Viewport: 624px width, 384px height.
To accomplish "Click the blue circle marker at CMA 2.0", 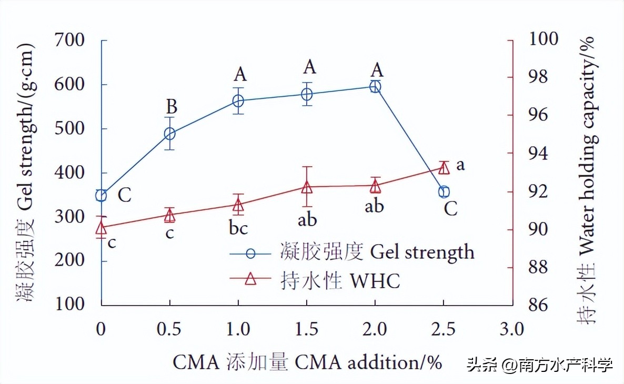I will [375, 86].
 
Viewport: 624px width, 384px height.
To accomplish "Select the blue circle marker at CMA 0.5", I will [169, 134].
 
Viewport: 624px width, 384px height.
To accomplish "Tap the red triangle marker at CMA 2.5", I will [444, 168].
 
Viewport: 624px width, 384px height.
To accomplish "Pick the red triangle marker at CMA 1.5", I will [307, 187].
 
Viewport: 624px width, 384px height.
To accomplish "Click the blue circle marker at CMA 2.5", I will [444, 191].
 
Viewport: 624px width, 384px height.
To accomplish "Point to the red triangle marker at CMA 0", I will [101, 228].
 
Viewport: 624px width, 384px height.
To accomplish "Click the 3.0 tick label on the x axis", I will [512, 329].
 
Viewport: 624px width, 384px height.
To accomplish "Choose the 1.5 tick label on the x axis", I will [307, 329].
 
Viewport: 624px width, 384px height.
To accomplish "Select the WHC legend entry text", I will [342, 280].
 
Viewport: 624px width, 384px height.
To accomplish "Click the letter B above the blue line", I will [171, 107].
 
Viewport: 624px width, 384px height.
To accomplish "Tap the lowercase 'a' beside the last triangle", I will [460, 165].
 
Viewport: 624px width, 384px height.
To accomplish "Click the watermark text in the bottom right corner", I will [540, 365].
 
